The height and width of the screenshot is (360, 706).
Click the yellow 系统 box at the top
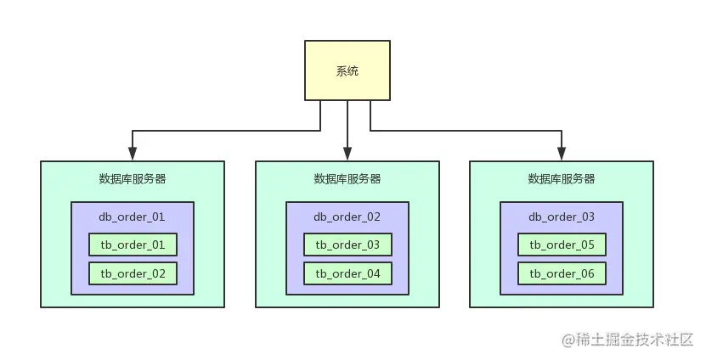pos(347,71)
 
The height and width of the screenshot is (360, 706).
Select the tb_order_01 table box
pos(133,245)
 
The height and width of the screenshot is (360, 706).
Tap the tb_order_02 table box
pos(133,273)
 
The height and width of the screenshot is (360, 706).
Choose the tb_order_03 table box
pos(347,245)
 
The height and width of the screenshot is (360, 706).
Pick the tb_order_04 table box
pos(347,273)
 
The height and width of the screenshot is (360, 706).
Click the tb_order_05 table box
pos(562,245)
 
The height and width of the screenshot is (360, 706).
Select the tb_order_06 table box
pos(562,273)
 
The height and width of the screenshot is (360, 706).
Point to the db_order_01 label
pos(133,217)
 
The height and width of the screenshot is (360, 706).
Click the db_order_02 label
pos(347,217)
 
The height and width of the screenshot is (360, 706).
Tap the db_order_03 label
pos(562,217)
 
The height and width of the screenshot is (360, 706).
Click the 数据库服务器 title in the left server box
pos(133,179)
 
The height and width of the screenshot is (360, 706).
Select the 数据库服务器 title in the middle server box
pos(347,179)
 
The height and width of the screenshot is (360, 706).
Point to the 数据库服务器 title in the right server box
pos(562,179)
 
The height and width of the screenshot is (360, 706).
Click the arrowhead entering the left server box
pos(133,155)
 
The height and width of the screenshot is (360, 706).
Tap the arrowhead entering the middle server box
pos(347,155)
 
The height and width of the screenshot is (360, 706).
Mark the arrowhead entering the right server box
pos(562,155)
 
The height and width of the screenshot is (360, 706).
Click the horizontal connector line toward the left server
pos(225,131)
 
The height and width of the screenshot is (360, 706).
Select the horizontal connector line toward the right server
pos(467,131)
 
